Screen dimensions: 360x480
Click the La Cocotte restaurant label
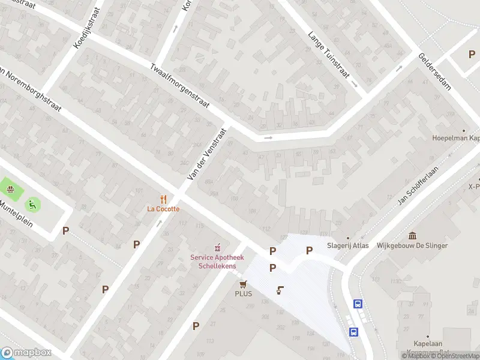coord(164,209)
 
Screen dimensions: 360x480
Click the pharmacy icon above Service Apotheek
coord(217,247)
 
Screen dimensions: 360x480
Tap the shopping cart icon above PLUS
coord(244,284)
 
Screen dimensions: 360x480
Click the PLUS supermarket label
coord(244,293)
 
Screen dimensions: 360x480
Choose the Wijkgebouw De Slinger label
coord(412,245)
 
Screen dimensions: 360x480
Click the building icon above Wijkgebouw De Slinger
coord(412,235)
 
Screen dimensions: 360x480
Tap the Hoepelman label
coord(456,138)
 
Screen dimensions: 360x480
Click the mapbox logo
coord(26,352)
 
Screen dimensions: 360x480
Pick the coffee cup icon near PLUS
coord(280,290)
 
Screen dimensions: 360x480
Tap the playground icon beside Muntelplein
coord(31,204)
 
